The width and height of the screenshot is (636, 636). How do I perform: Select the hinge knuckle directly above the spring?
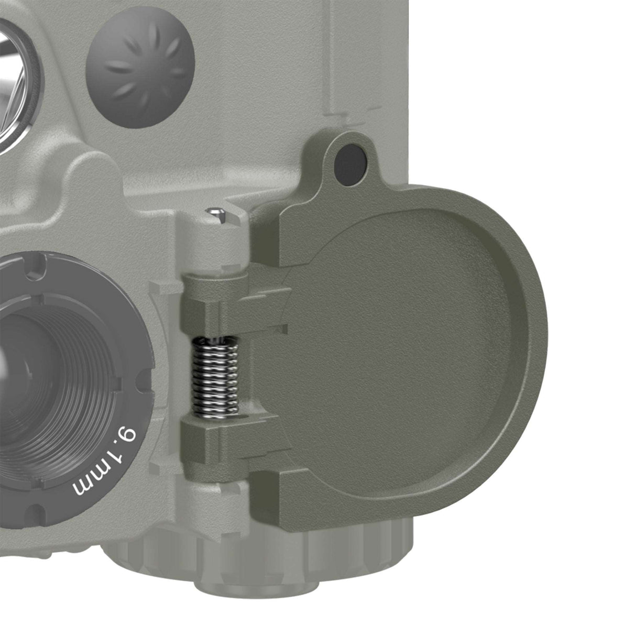pyautogui.click(x=210, y=309)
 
